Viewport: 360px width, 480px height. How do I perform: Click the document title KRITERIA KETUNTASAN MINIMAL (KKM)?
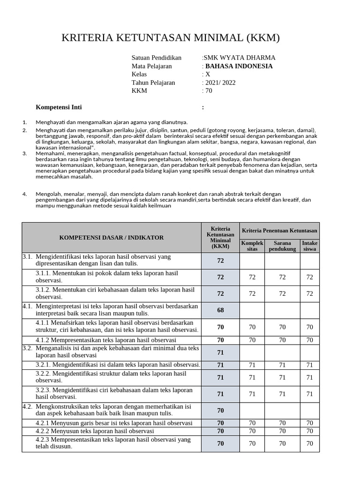171,37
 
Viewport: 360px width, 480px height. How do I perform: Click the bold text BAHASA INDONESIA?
239,66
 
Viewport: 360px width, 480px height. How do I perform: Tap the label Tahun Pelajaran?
153,82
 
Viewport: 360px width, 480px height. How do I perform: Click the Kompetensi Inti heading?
59,107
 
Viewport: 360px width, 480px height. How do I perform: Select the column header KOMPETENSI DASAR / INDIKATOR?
112,238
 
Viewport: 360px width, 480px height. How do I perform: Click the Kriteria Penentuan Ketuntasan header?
279,231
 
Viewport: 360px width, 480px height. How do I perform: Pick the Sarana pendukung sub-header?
282,246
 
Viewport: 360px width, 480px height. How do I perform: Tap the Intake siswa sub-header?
309,246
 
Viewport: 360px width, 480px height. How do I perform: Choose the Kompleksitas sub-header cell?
252,246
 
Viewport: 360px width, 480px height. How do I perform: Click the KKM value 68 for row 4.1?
220,310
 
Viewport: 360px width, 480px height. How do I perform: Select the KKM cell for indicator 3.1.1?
220,277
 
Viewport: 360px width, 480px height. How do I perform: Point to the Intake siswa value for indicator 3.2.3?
309,394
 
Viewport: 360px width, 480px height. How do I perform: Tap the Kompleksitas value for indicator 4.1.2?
252,340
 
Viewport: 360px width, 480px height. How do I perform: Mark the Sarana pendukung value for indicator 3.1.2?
282,293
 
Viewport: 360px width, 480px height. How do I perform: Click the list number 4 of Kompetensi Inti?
24,193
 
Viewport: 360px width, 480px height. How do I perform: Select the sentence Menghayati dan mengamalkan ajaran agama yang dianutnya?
112,122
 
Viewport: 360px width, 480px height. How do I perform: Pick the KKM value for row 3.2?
220,352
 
